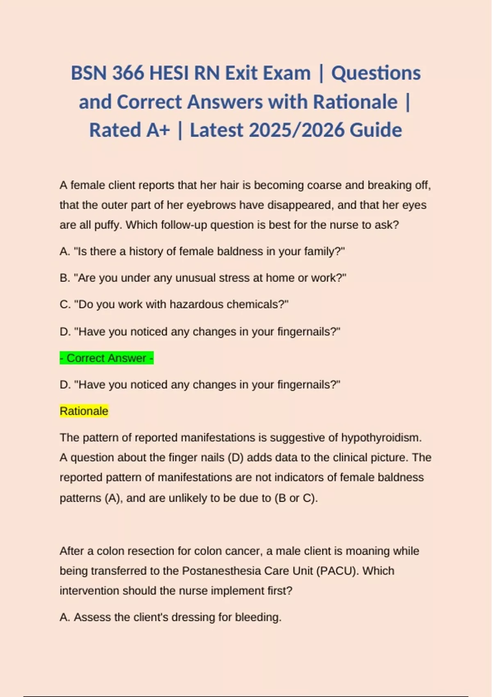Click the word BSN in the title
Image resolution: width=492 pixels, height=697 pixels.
coord(89,73)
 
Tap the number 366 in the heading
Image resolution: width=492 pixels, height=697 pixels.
coord(128,73)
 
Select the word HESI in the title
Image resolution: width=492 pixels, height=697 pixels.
coord(169,73)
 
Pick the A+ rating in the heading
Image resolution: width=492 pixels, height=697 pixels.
coord(158,130)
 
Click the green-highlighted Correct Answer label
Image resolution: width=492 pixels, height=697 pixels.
coord(107,358)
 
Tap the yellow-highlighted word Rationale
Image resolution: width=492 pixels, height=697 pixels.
coord(84,411)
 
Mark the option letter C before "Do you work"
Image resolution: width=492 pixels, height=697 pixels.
coord(64,304)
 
